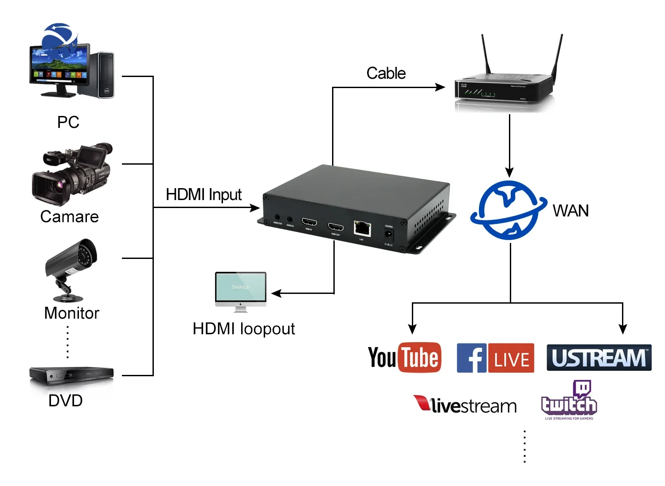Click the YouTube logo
[404, 357]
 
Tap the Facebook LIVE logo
[495, 358]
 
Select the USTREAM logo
[599, 358]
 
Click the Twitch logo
[569, 400]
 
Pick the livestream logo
[465, 405]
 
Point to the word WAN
[571, 211]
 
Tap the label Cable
[386, 73]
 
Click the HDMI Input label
[203, 194]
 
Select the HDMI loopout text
[243, 328]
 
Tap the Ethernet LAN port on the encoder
[362, 228]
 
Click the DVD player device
[71, 375]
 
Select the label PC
[68, 122]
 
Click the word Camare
[69, 216]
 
